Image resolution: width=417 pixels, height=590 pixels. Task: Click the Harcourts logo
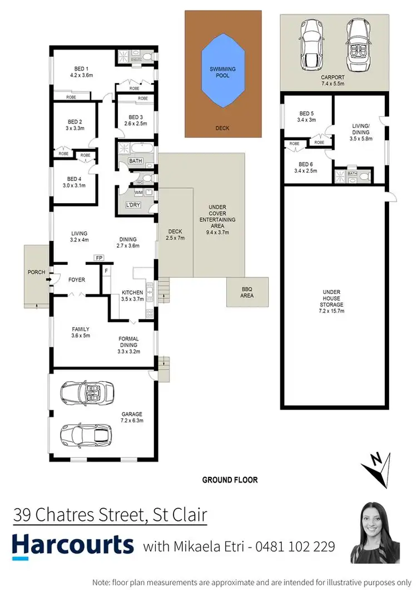point(73,544)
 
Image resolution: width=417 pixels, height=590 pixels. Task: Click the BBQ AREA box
point(247,292)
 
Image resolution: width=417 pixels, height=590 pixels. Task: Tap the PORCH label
point(37,273)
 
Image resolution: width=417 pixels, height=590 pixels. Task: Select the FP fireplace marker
point(99,258)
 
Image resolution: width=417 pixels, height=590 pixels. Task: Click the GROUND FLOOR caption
point(230,479)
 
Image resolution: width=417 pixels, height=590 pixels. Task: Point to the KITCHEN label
point(132,292)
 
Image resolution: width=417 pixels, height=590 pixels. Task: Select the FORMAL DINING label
point(128,341)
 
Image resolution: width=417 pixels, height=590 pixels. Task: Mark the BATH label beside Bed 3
point(135,161)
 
